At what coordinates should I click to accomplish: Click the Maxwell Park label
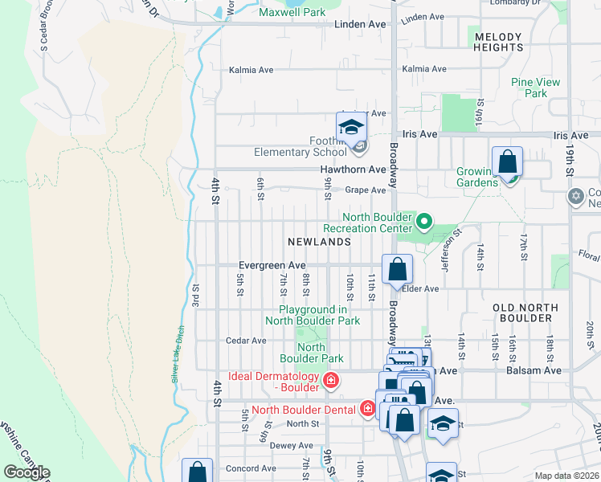point(292,12)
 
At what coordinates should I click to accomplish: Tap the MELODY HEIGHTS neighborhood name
point(498,42)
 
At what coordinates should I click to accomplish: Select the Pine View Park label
point(536,88)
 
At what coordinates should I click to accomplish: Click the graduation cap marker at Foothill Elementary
point(351,128)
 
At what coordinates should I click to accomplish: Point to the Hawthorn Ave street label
point(353,170)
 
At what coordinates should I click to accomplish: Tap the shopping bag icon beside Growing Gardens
point(508,162)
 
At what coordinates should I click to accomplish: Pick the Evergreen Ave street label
point(272,265)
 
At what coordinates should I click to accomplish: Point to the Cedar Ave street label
point(246,341)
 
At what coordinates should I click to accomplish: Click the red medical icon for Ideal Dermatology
point(329,379)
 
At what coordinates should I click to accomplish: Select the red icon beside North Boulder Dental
point(368,409)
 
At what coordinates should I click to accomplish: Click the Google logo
point(27,472)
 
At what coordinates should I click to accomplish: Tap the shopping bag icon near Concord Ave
point(198,472)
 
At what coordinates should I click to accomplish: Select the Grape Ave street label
point(366,190)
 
